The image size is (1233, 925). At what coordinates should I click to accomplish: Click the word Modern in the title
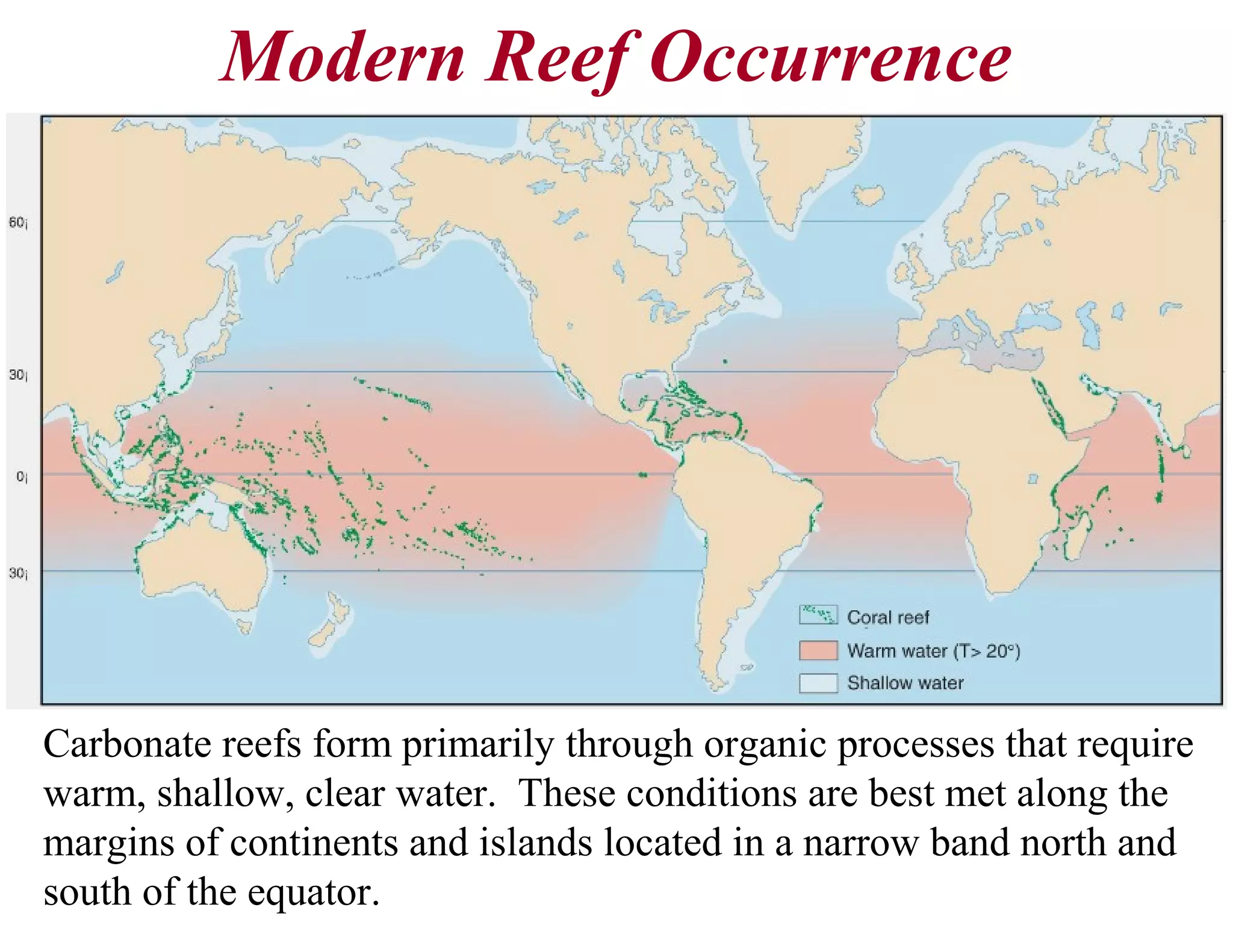(343, 58)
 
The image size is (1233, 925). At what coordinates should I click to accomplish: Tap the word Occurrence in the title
(831, 58)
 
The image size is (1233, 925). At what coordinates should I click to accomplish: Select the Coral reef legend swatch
(818, 615)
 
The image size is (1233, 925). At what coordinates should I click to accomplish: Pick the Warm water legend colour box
(818, 650)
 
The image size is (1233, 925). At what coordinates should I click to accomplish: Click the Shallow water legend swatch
(818, 683)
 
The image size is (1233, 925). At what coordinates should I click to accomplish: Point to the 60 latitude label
(17, 223)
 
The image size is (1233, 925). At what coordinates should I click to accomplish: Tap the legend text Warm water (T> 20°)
(933, 651)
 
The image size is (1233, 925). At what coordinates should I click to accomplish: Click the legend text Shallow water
(905, 683)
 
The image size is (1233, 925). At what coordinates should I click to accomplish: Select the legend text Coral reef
(888, 617)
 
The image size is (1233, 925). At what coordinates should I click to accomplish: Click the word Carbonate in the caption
(126, 744)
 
